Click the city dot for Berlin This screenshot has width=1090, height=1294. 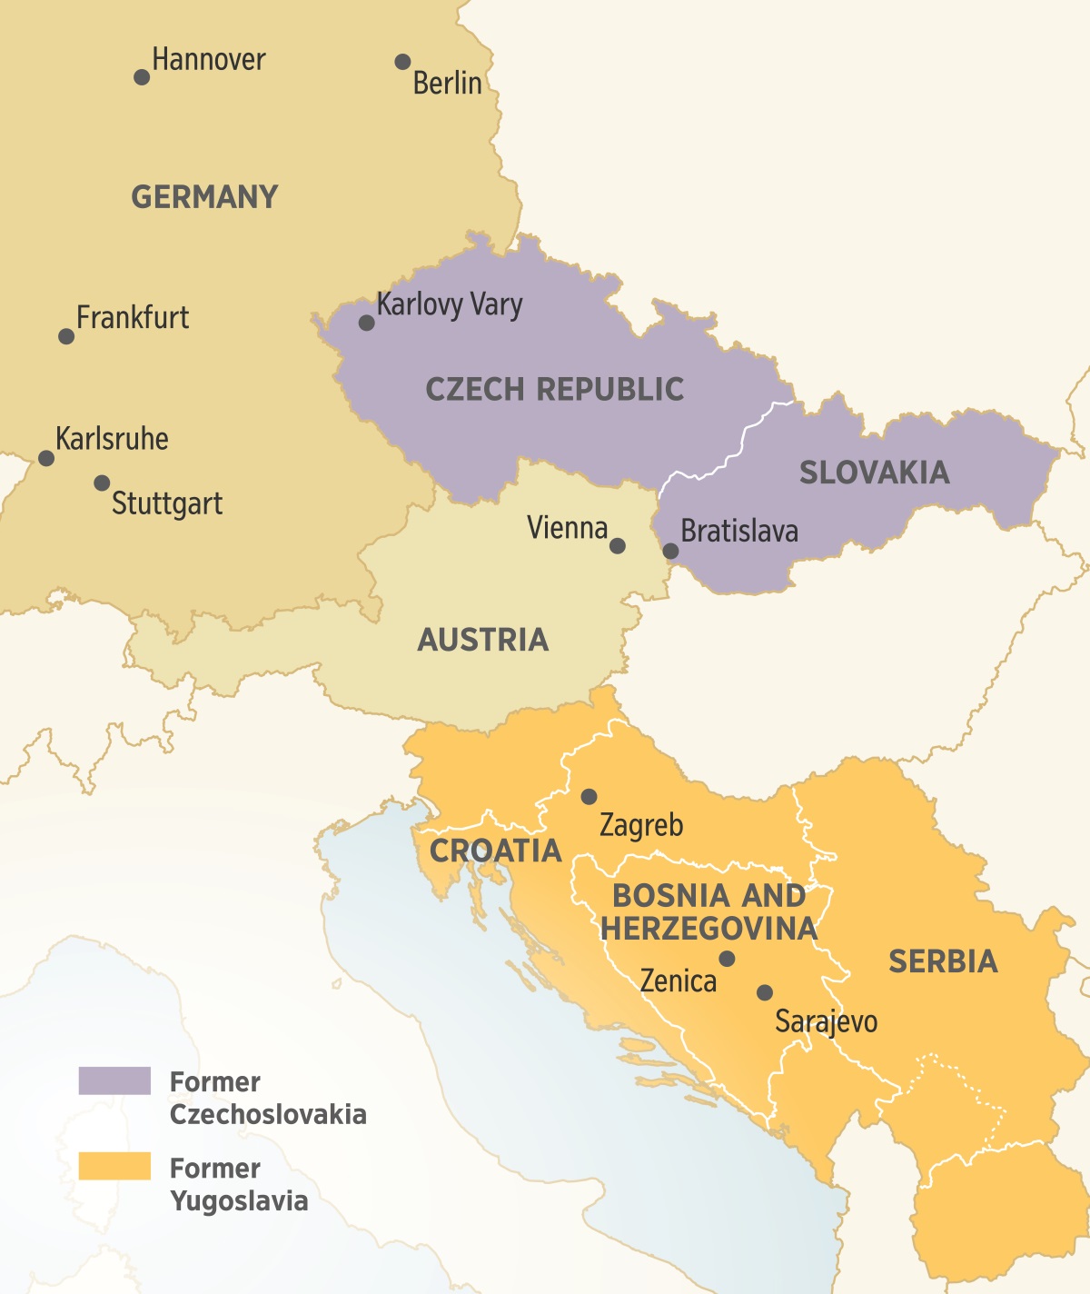point(402,62)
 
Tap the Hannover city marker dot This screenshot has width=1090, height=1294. point(142,77)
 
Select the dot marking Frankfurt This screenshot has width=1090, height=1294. point(66,336)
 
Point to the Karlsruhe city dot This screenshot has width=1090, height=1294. point(46,458)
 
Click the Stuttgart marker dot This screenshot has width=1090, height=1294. point(103,483)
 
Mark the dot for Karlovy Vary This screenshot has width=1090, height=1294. point(366,323)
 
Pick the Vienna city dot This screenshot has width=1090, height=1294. point(618,546)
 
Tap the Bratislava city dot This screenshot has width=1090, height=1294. point(670,551)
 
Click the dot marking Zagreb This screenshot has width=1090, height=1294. point(589,797)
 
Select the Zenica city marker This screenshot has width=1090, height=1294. point(727,959)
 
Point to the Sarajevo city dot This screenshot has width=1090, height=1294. point(765,992)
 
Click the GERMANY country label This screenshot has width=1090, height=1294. point(204,197)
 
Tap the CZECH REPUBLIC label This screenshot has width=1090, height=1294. point(554,389)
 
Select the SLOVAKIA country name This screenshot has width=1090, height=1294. point(874,473)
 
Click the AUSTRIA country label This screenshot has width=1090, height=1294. point(482,640)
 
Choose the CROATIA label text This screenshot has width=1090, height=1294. point(495,851)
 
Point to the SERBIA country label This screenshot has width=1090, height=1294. point(943,961)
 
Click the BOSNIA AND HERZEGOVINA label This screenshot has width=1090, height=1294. point(708,911)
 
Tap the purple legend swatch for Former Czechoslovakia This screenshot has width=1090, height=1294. point(114,1080)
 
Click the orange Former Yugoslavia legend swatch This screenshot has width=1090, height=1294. point(114,1166)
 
